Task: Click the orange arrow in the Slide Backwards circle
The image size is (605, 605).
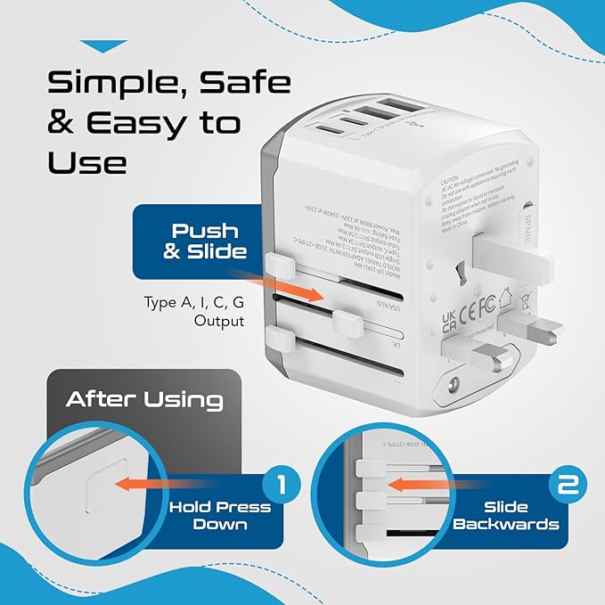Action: click(x=420, y=486)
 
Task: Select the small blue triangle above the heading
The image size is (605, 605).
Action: click(x=104, y=45)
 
